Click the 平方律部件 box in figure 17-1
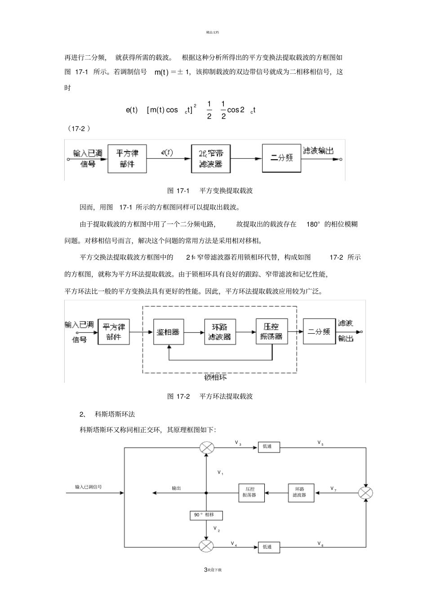127,159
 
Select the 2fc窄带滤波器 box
210,158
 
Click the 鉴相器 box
168,332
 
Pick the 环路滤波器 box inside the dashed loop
219,332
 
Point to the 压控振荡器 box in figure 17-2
272,332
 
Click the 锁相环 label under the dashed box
215,377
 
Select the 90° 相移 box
206,515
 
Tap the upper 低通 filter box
268,447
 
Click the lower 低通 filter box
268,547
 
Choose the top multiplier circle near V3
207,448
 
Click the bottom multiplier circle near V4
206,547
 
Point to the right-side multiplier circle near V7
365,493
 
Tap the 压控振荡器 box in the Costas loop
251,493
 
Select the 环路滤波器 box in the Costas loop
300,493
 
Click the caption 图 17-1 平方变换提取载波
210,191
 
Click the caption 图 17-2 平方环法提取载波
210,396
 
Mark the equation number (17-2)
79,129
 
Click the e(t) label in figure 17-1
166,152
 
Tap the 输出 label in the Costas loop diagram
177,488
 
